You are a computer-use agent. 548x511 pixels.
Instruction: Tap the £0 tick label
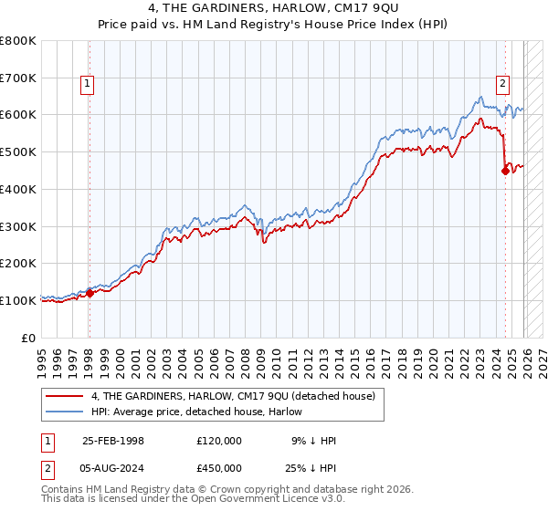click(x=29, y=338)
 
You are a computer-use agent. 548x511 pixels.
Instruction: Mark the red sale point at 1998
click(x=90, y=293)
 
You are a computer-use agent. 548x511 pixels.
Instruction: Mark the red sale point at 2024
click(x=505, y=171)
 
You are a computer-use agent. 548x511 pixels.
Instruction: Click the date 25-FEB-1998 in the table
click(x=113, y=441)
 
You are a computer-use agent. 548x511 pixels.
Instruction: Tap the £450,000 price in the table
click(x=219, y=467)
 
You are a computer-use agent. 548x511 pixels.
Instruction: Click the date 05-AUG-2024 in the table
click(x=113, y=467)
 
